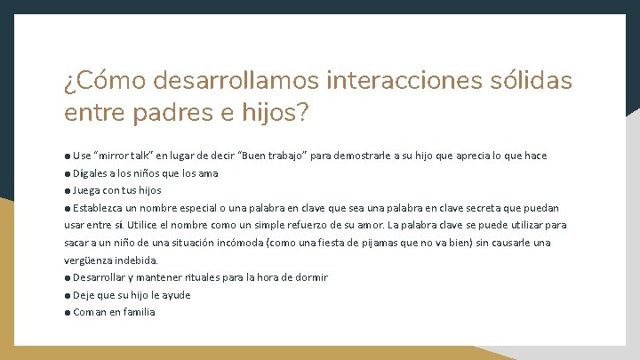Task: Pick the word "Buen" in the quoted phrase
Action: click(x=264, y=156)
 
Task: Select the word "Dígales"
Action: click(x=92, y=173)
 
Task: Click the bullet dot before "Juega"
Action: click(x=68, y=190)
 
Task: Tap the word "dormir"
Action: click(x=311, y=277)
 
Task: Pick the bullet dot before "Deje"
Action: click(x=68, y=295)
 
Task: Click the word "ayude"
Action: click(x=176, y=295)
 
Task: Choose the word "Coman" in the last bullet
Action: click(x=90, y=312)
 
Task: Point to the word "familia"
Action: click(x=138, y=312)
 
